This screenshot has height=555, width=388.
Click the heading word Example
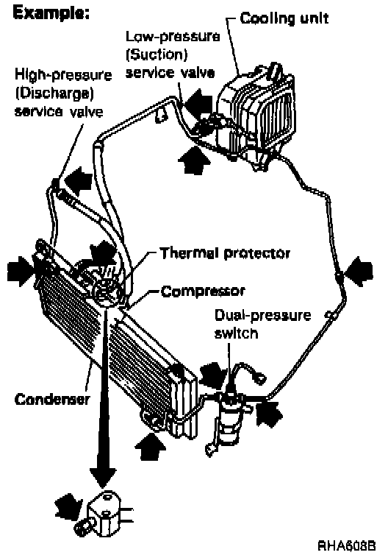point(51,13)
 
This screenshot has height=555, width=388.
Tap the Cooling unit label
point(284,18)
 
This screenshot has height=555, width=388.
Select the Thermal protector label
point(225,253)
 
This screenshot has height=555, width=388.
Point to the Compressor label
point(203,291)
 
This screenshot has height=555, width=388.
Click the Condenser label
point(52,399)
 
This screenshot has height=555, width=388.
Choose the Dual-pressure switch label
point(262,324)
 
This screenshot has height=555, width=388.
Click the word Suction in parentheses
point(157,55)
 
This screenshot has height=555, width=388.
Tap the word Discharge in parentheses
point(54,93)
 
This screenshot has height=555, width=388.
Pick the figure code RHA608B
point(347,544)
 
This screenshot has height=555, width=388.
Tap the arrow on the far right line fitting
point(359,272)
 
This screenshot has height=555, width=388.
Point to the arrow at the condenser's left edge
point(21,272)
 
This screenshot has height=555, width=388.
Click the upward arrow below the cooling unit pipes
point(194,159)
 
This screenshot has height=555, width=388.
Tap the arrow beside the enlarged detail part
point(70,503)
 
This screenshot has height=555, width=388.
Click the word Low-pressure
point(173,36)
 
